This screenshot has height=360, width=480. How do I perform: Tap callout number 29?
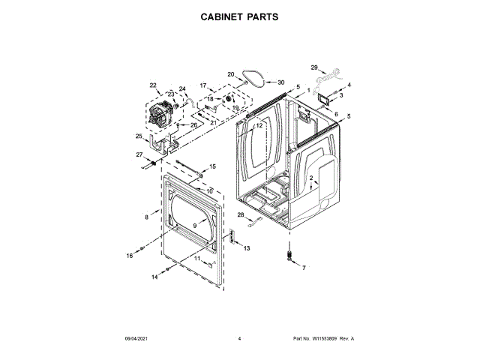pyautogui.click(x=315, y=67)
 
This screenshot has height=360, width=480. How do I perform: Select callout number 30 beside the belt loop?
pyautogui.click(x=281, y=82)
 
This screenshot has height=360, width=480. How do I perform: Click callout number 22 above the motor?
pyautogui.click(x=153, y=85)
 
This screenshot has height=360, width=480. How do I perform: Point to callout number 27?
pyautogui.click(x=139, y=154)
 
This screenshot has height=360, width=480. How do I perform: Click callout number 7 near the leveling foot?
pyautogui.click(x=304, y=268)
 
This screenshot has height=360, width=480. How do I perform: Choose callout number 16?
pyautogui.click(x=129, y=256)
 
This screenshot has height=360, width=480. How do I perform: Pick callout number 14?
pyautogui.click(x=155, y=277)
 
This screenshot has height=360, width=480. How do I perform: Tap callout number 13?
pyautogui.click(x=246, y=247)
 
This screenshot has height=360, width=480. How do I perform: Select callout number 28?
pyautogui.click(x=241, y=215)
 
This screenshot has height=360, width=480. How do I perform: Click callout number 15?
pyautogui.click(x=212, y=166)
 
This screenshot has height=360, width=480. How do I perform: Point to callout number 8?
pyautogui.click(x=147, y=217)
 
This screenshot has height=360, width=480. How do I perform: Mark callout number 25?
pyautogui.click(x=139, y=136)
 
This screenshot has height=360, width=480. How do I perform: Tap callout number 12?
pyautogui.click(x=259, y=127)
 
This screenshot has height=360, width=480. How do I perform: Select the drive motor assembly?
pyautogui.click(x=161, y=116)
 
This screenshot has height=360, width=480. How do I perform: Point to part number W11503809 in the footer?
pyautogui.click(x=322, y=339)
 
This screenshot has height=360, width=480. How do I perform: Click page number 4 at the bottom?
pyautogui.click(x=239, y=339)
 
